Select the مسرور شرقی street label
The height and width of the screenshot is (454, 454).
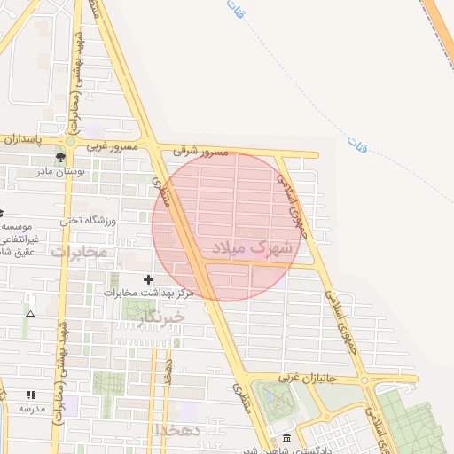click(202, 153)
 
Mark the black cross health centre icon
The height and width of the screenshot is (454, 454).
click(147, 279)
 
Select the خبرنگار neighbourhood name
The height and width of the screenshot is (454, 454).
click(161, 317)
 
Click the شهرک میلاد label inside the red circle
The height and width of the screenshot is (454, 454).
click(253, 247)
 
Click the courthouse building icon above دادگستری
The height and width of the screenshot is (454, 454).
click(286, 439)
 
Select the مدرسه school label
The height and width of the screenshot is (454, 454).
click(32, 409)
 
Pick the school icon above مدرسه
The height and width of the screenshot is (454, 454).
click(32, 395)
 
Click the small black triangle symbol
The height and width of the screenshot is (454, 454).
click(31, 314)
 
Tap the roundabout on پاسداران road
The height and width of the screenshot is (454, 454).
click(70, 141)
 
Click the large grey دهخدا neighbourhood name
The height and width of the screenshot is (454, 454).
click(182, 430)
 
